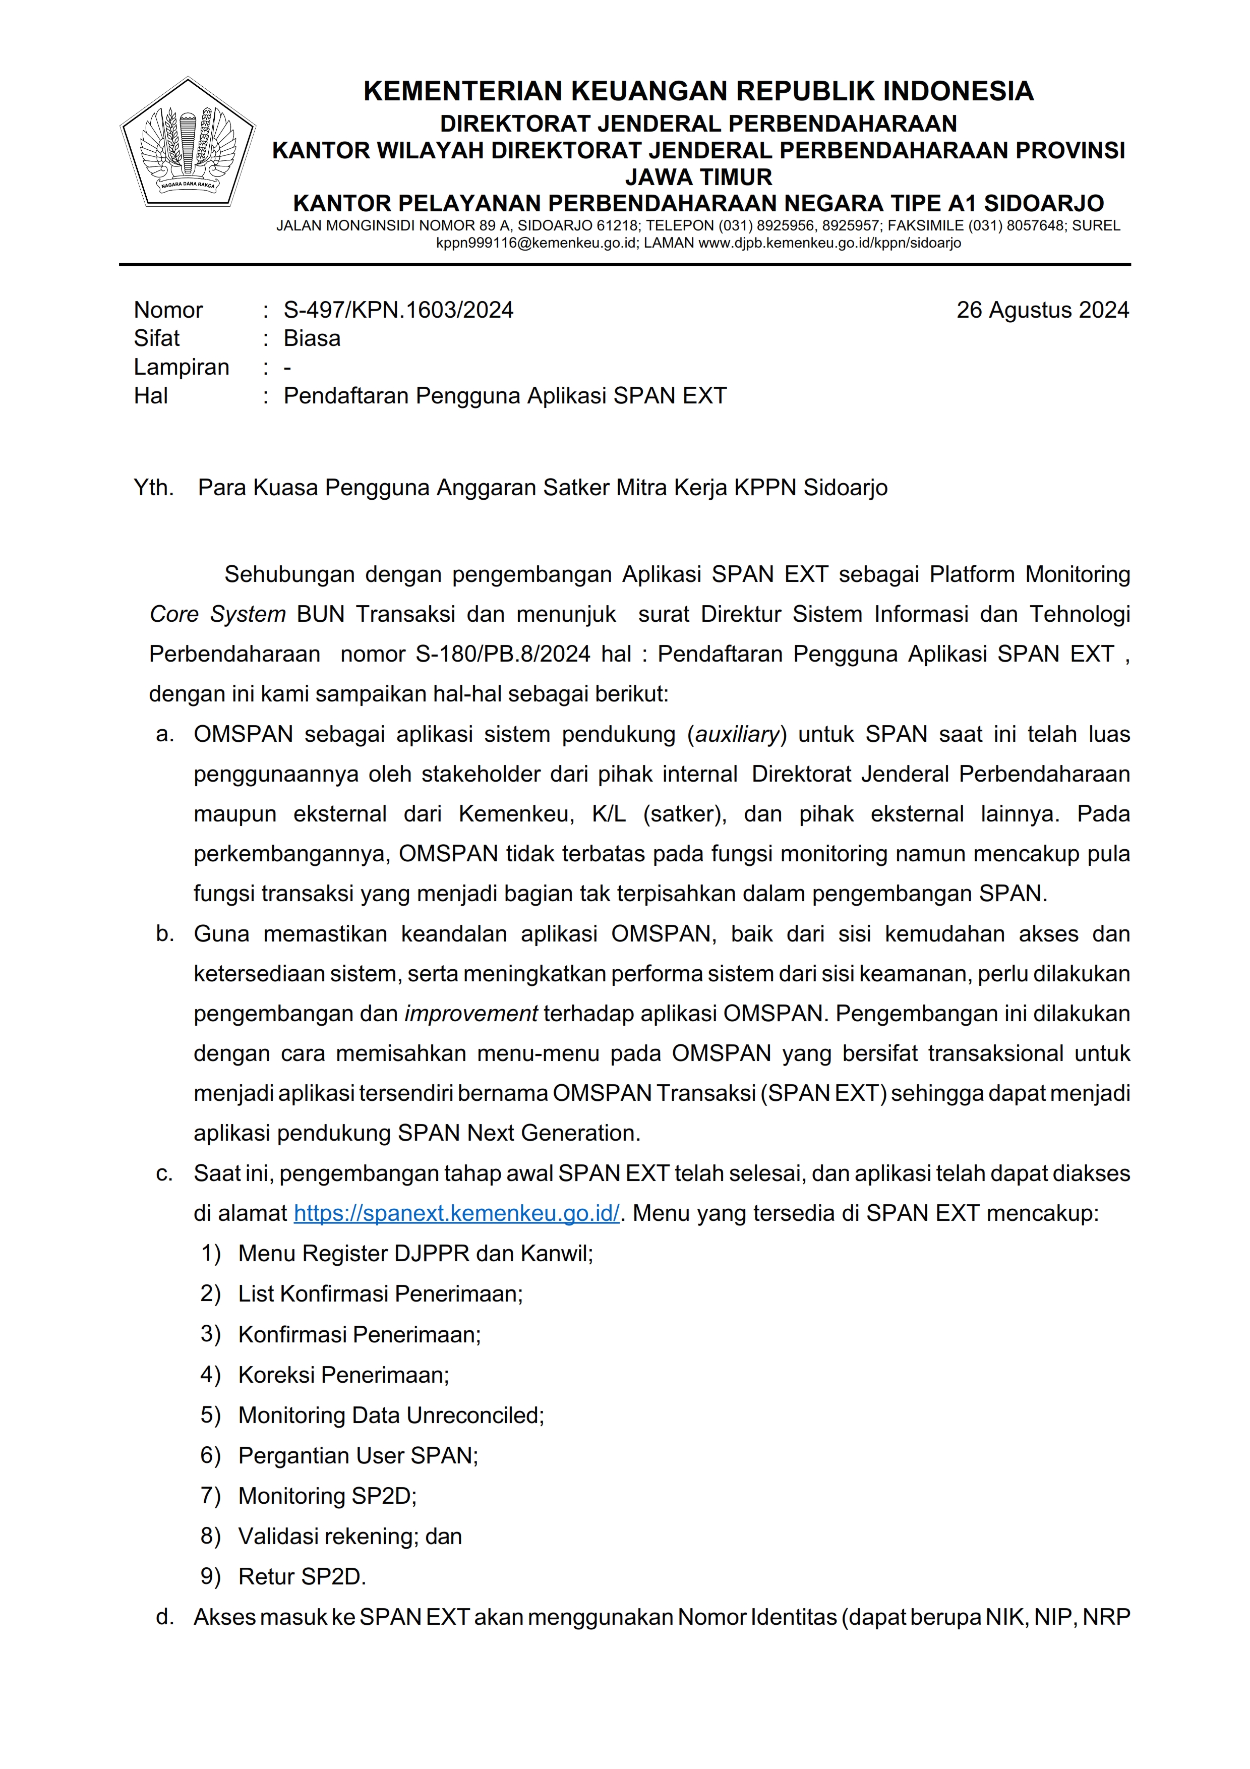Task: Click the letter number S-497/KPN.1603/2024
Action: [x=398, y=310]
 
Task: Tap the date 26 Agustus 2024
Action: [x=1042, y=310]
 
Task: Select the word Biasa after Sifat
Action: [x=312, y=338]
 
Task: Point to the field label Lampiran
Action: [x=181, y=367]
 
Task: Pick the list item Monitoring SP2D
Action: [x=327, y=1496]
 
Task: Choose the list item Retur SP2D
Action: [x=302, y=1576]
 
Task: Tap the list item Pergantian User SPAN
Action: [x=358, y=1455]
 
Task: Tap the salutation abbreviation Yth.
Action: [x=153, y=488]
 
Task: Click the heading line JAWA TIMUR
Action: [x=698, y=177]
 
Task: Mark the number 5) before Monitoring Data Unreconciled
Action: [x=210, y=1416]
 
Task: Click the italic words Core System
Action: [x=217, y=614]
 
